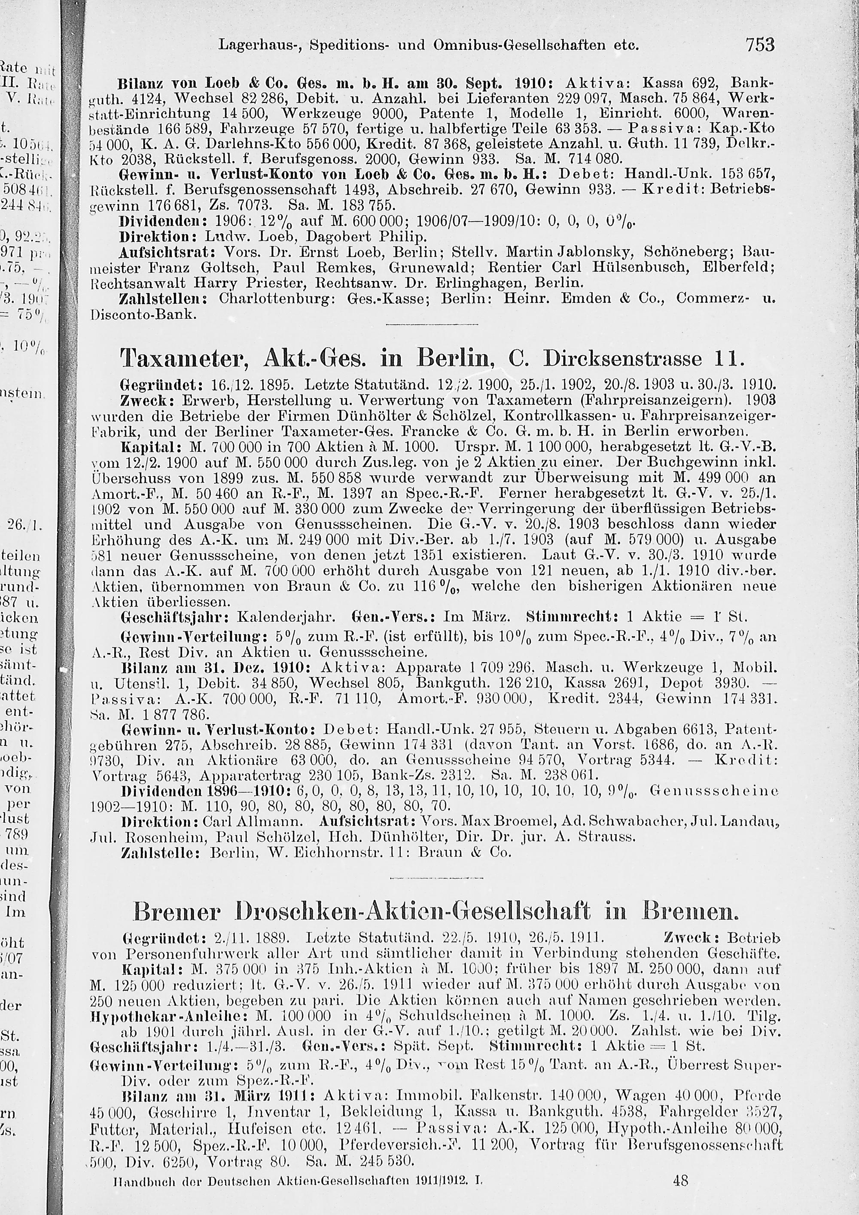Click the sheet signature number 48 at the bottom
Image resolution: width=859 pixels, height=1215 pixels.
tap(681, 1194)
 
